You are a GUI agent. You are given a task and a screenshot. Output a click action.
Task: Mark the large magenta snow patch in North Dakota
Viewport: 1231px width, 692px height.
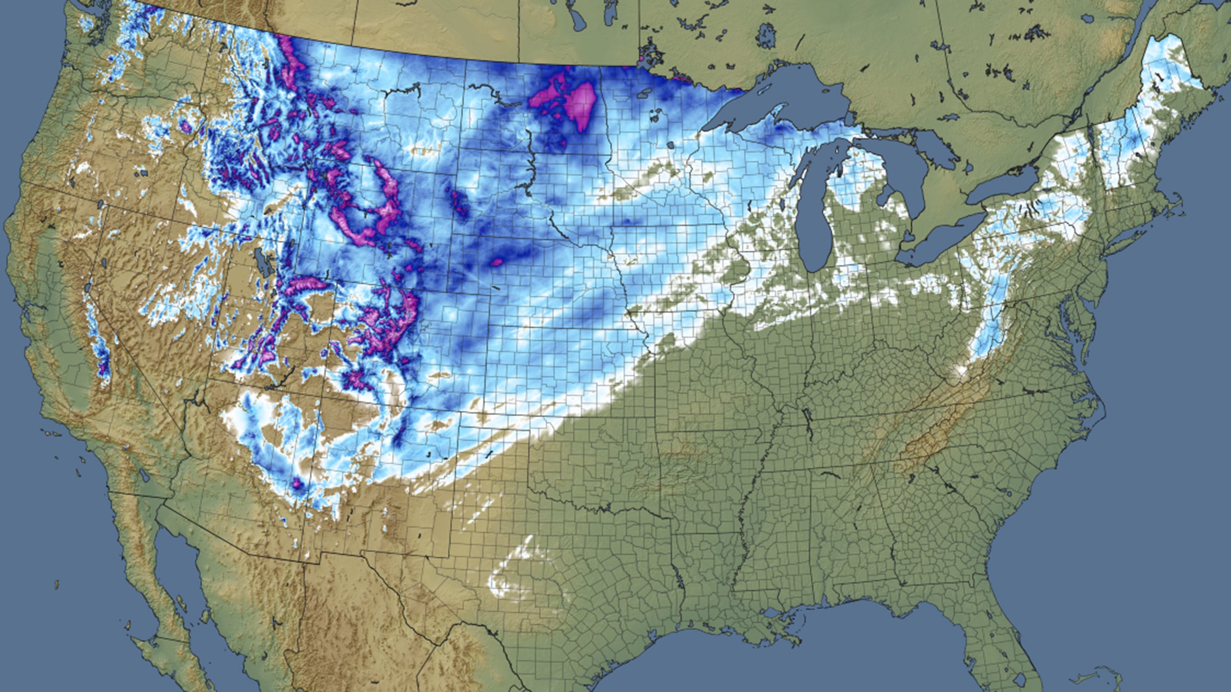click(580, 105)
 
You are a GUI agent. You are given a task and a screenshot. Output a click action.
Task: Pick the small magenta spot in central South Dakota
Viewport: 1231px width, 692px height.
click(496, 262)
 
